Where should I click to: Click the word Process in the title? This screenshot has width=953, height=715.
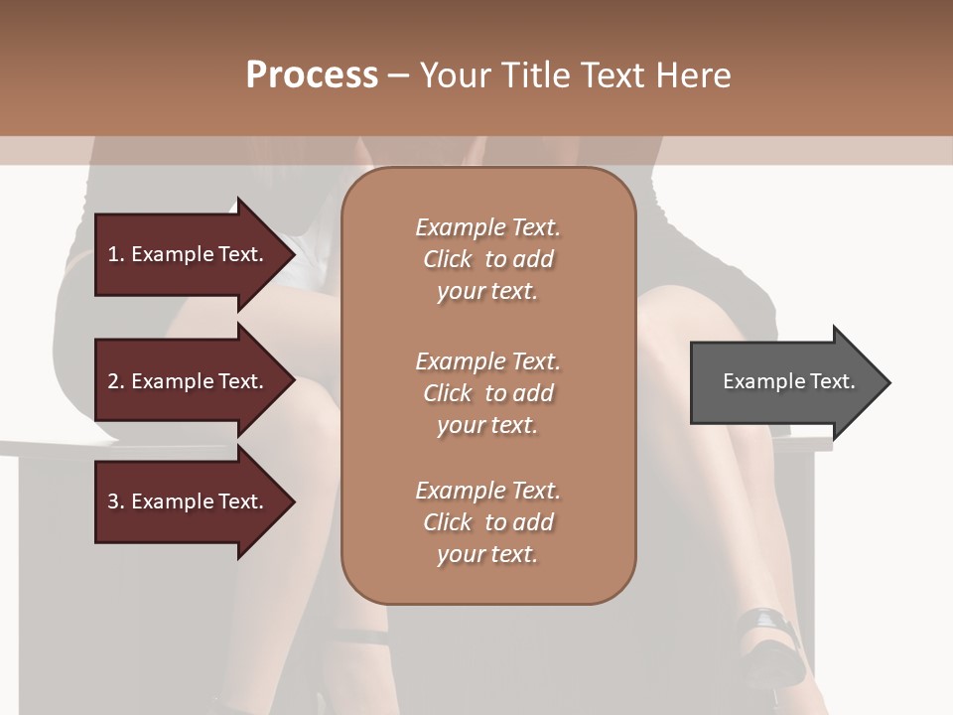tap(312, 75)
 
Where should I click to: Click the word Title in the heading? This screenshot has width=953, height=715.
tap(534, 75)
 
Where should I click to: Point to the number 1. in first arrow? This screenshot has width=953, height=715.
tap(116, 254)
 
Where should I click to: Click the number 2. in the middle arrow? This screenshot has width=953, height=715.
tap(116, 381)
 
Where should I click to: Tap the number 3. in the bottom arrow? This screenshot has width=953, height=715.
tap(116, 501)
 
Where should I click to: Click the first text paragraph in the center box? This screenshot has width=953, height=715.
tap(487, 259)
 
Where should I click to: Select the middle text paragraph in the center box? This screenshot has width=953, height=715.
tap(487, 392)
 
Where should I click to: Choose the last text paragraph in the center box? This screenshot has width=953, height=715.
tap(487, 522)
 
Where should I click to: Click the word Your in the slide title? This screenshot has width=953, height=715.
tap(454, 75)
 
